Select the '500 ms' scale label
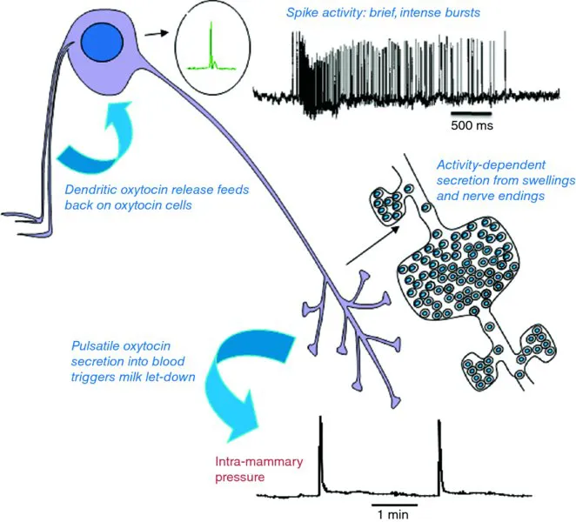(471, 125)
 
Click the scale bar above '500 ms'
(471, 112)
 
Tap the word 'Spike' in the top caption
(305, 14)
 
